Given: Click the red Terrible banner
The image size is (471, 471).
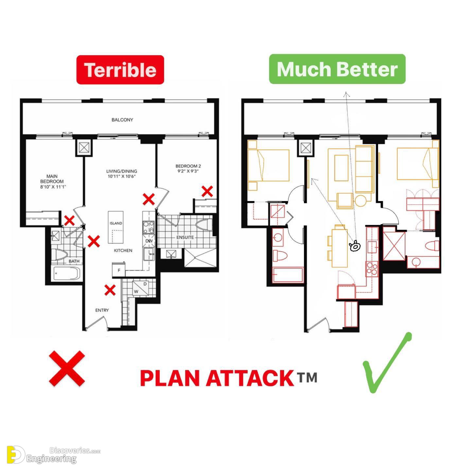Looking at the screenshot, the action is tap(120, 70).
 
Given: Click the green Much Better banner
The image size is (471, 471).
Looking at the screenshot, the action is tap(337, 69).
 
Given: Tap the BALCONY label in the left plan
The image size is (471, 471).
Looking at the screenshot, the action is tap(122, 120).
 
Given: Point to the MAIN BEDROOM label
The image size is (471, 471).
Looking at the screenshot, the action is tap(52, 181).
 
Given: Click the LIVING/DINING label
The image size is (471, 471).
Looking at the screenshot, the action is tap(121, 174).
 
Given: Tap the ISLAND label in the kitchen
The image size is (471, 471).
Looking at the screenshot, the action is tap(116, 223).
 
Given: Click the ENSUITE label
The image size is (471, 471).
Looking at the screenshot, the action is tap(185, 237).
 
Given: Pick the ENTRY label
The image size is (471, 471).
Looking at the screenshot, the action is tap(102, 310).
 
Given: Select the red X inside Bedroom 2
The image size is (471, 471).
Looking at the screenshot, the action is tap(207, 191).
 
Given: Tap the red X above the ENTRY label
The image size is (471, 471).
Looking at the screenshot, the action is tap(110, 290).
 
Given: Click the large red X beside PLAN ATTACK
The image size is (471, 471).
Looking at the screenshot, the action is tap(67, 368).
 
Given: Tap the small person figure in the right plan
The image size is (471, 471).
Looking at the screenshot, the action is tap(355, 246).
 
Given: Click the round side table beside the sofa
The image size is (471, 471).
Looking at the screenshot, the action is tap(361, 201).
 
